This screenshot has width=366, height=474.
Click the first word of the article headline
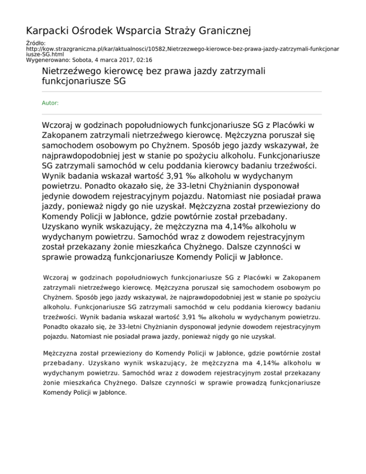click(70, 71)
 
